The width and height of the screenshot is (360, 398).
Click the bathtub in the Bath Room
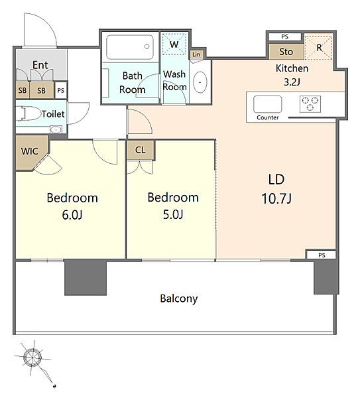[x=130, y=47]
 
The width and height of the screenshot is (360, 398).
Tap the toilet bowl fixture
[x=29, y=113]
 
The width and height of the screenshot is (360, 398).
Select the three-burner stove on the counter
[x=310, y=104]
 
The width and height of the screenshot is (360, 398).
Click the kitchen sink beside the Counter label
[x=267, y=104]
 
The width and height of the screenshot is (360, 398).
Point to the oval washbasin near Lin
[x=200, y=82]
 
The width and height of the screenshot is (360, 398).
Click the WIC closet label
[x=30, y=151]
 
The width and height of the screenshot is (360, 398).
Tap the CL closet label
[x=141, y=150]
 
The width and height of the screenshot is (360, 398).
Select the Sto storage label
[x=286, y=52]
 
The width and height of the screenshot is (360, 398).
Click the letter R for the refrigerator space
[x=319, y=48]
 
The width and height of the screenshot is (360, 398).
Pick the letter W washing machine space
[x=174, y=44]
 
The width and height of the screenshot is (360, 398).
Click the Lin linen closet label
[x=196, y=54]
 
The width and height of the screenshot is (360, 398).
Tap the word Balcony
[x=178, y=298]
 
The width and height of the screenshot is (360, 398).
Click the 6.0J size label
[x=72, y=215]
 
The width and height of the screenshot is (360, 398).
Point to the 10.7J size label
[x=276, y=198]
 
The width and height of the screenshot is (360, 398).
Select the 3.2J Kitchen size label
[x=292, y=82]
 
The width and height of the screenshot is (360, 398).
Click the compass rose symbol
[x=32, y=358]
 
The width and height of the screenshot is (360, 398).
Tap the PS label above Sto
[x=284, y=36]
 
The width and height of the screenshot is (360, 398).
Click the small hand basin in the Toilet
[x=56, y=129]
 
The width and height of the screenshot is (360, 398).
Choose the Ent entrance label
[x=40, y=65]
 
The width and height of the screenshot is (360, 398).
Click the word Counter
[x=268, y=117]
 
